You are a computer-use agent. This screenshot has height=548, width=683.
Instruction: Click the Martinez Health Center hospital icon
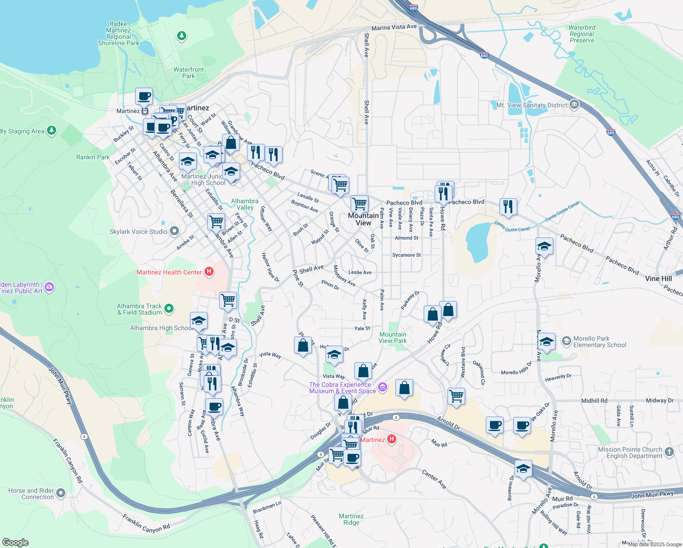coord(209,272)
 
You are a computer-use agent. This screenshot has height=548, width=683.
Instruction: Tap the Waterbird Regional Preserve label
coord(582,34)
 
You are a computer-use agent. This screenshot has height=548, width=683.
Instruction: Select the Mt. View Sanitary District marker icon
coord(574,105)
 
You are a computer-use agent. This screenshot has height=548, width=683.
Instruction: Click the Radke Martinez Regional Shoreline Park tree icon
coord(182,36)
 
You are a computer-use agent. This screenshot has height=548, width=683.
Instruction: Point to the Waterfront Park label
coord(189,73)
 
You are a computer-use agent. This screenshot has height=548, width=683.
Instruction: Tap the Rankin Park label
coord(93,157)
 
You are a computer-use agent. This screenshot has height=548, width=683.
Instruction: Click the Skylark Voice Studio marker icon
coord(174,232)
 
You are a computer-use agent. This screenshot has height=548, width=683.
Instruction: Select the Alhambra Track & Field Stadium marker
coord(169,309)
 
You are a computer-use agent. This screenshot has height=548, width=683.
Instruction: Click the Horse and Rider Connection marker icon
coord(61,493)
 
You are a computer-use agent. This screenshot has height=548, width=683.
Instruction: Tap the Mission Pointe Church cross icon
coord(669,452)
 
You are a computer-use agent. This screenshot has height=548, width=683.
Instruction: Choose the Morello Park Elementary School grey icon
coord(567,341)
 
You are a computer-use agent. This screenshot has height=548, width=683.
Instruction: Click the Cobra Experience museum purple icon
coord(383,388)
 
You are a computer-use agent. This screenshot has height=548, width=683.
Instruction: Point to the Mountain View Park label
coord(393,337)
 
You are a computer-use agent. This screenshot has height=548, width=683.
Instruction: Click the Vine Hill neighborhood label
coord(658,278)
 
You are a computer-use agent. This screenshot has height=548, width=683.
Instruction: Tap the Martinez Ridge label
coord(351,519)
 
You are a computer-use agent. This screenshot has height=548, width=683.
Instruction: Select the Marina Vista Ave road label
coord(394,27)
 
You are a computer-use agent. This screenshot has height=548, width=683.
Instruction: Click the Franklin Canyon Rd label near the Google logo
coord(146,523)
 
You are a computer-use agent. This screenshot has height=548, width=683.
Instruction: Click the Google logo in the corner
coord(15,542)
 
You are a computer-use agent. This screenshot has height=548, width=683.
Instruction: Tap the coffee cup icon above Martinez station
coord(144,97)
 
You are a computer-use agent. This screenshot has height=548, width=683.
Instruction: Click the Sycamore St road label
coord(406,255)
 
